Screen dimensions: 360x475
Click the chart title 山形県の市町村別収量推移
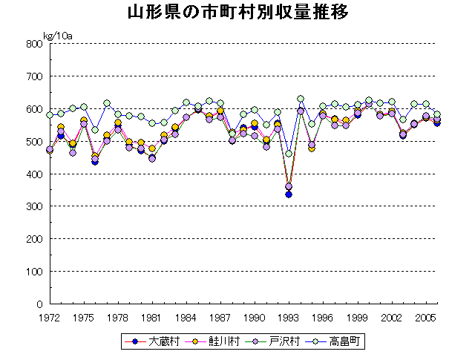[x=237, y=13]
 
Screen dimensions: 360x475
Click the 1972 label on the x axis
[x=50, y=317]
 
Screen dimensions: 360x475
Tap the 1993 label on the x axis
[x=289, y=317]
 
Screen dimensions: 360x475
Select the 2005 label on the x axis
[x=425, y=317]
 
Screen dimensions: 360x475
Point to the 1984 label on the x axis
[x=186, y=317]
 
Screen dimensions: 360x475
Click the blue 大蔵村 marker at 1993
[x=289, y=194]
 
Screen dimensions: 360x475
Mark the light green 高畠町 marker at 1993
[x=289, y=154]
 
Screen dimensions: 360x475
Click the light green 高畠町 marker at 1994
[x=301, y=99]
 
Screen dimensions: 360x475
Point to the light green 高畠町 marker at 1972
[x=50, y=115]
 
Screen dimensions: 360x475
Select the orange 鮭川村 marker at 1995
[x=312, y=148]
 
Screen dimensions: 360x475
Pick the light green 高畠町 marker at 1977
[x=107, y=103]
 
